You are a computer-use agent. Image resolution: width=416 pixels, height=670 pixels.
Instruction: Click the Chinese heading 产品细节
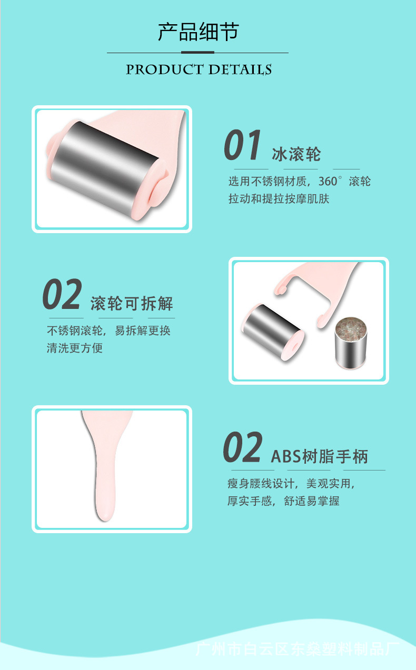coord(198,32)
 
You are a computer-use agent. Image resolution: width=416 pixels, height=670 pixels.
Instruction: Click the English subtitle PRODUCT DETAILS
coord(199,69)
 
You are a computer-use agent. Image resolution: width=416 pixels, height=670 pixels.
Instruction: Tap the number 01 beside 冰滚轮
coord(242,146)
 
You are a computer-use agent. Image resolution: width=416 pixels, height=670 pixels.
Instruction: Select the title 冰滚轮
coord(296,154)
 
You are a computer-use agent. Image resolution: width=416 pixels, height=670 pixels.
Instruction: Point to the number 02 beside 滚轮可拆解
coord(62,295)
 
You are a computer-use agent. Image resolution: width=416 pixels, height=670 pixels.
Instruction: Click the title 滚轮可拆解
coord(132,304)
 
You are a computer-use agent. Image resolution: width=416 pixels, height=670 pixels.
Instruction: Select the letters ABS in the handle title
coord(286,456)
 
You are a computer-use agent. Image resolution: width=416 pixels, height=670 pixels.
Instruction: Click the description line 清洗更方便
coord(75,348)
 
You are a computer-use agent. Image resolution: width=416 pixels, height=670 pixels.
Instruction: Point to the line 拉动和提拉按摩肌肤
coord(279,199)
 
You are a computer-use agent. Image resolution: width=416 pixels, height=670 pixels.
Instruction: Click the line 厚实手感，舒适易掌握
coord(283,501)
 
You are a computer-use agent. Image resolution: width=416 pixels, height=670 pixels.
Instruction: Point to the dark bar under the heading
coord(197,53)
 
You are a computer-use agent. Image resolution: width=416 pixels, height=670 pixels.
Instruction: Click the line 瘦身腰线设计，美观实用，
coord(291,483)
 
